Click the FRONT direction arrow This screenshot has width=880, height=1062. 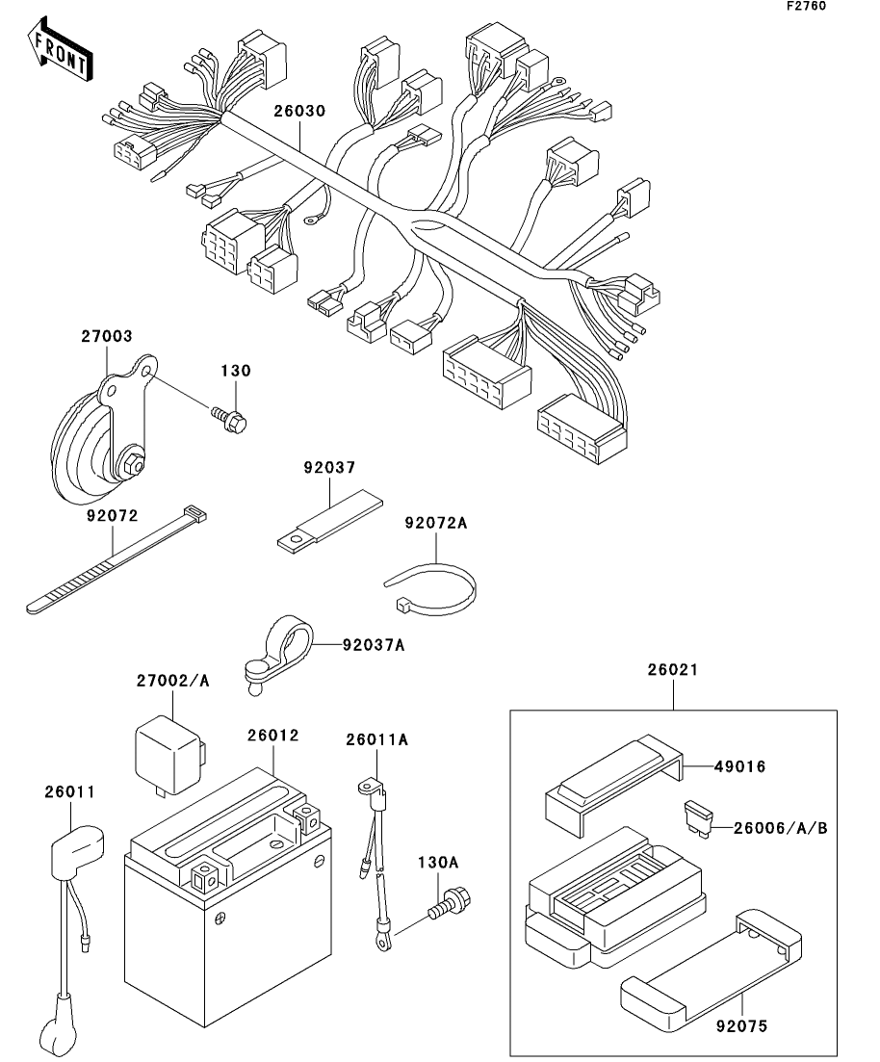[60, 51]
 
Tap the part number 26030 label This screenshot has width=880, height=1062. [299, 111]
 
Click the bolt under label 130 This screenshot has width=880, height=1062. [229, 419]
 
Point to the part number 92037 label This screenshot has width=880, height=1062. [329, 467]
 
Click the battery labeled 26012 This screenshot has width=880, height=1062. [228, 895]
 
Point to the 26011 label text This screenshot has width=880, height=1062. [70, 791]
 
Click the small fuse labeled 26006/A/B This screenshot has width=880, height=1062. [698, 819]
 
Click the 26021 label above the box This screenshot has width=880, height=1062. [673, 670]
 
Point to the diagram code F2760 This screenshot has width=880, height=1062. [806, 6]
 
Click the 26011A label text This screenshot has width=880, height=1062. [377, 739]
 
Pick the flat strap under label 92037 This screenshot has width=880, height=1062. [330, 523]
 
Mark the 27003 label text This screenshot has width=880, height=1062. [107, 336]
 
